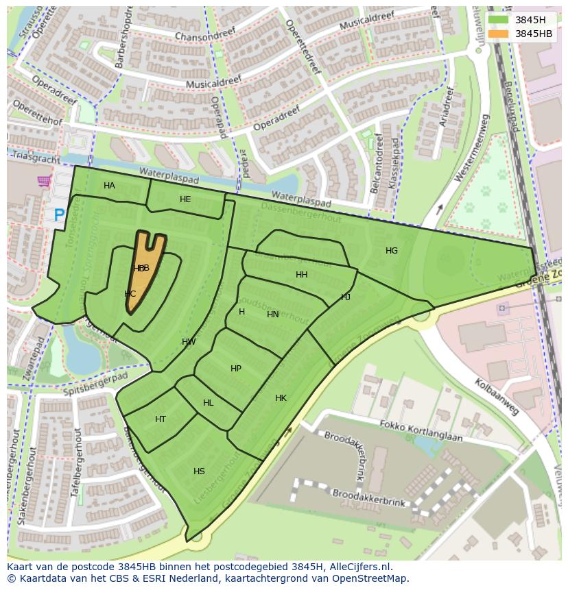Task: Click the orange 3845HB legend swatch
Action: pos(499,34)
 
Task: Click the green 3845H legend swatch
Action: pos(499,20)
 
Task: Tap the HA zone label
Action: pos(109,186)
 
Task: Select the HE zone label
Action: pos(185,199)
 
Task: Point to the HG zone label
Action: pos(392,251)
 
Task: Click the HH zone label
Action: pos(301,275)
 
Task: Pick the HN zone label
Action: pos(273,315)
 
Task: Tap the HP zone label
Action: pos(236,369)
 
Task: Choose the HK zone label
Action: pos(281,398)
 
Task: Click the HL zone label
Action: pos(209,403)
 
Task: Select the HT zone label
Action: pos(161,419)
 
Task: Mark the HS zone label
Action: pos(199,471)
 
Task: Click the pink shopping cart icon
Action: pos(45,182)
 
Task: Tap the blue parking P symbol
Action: pos(60,216)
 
